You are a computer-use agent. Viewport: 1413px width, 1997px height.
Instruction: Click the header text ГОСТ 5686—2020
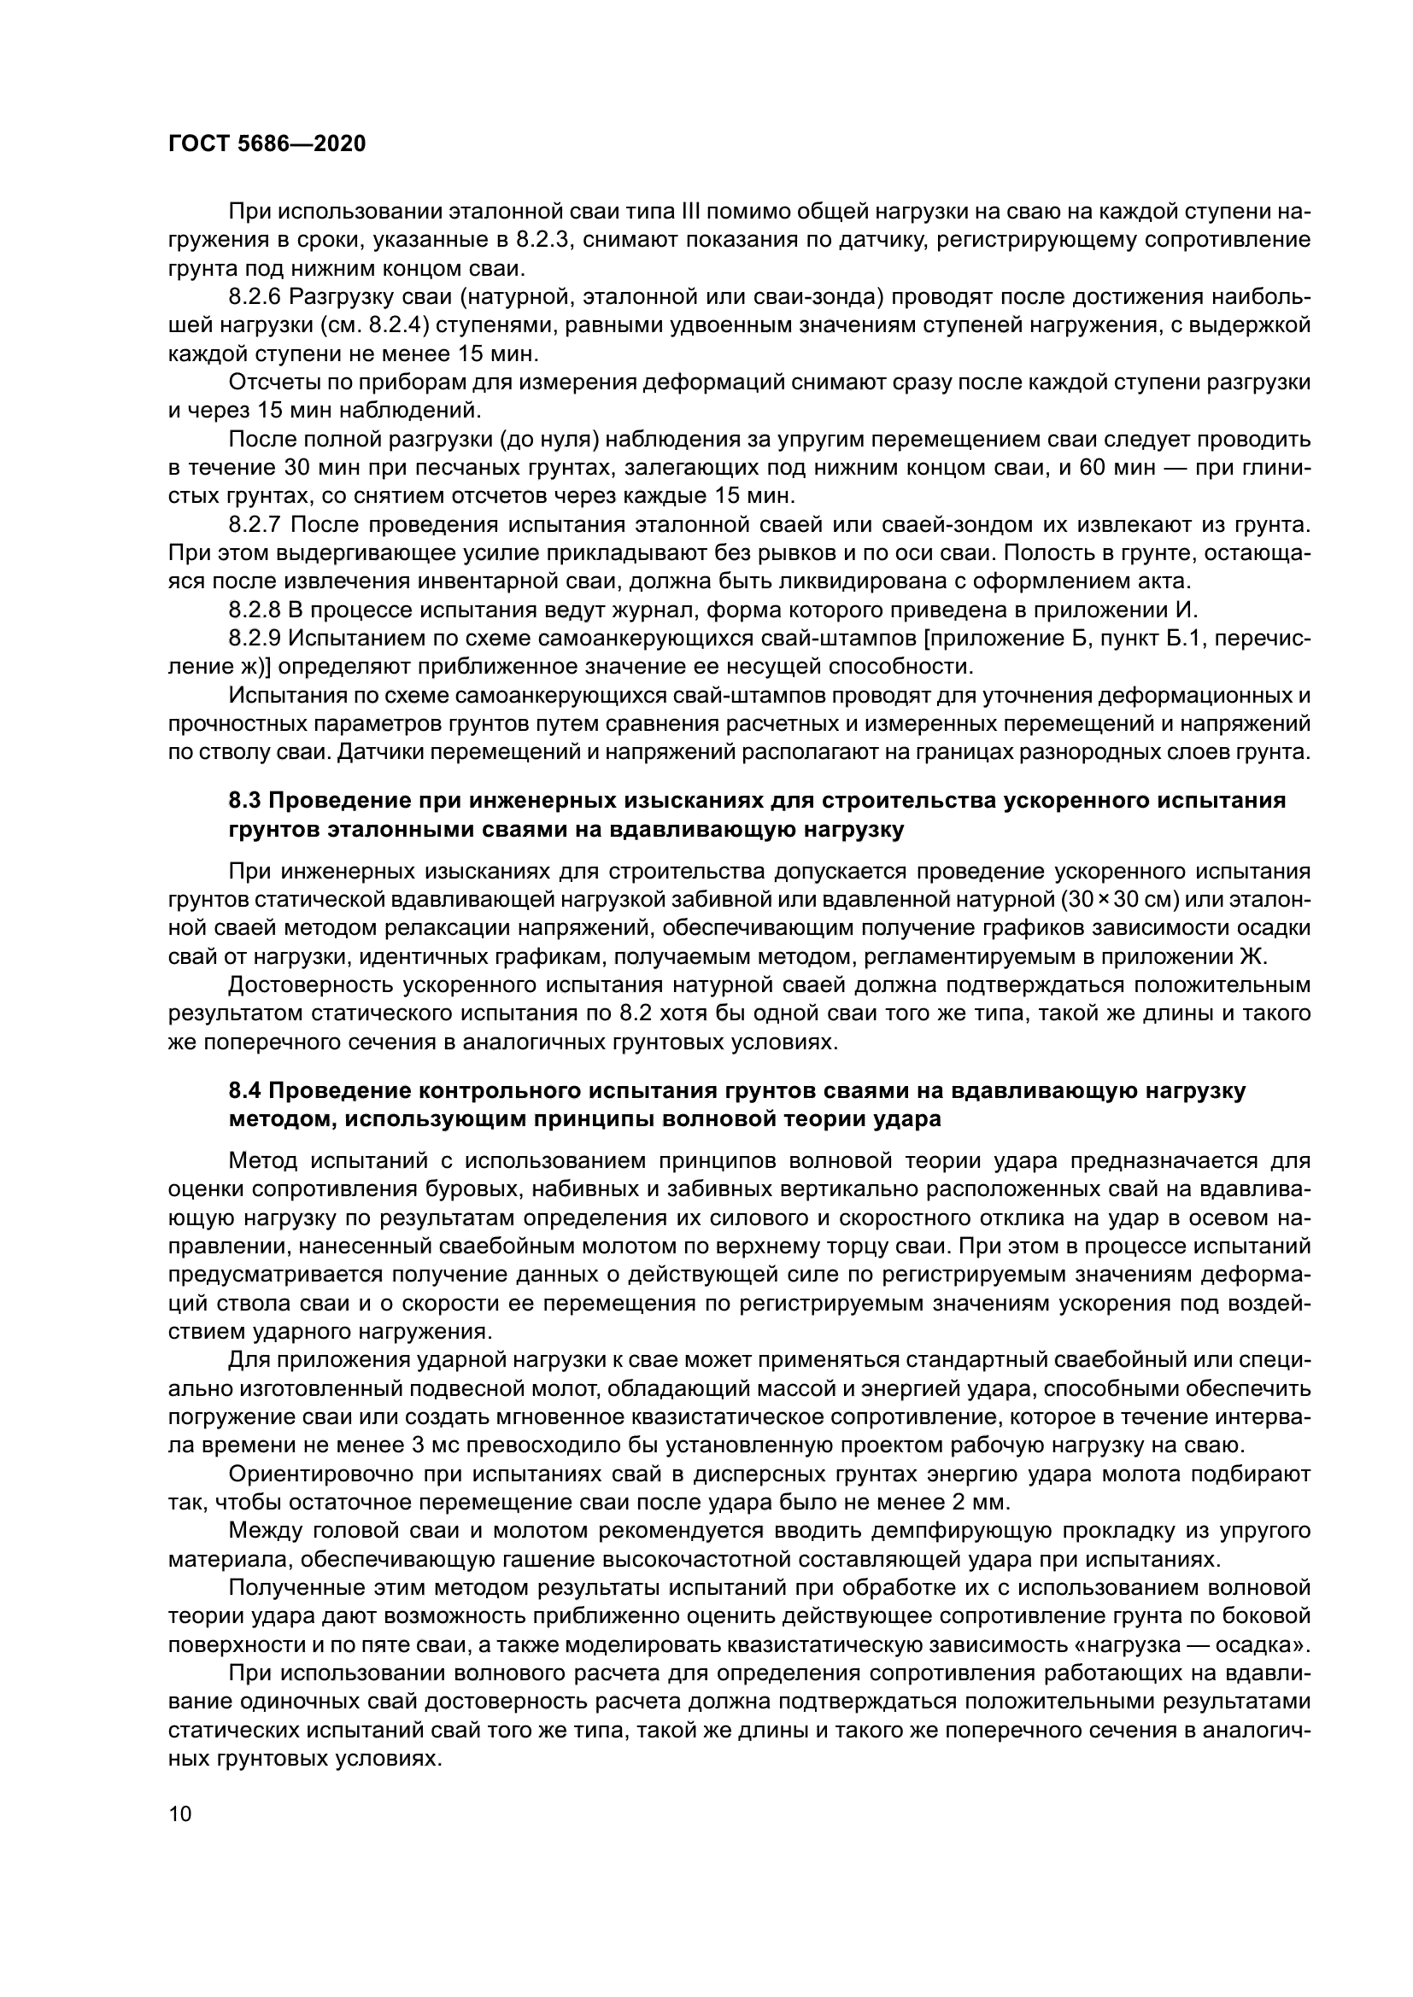267,144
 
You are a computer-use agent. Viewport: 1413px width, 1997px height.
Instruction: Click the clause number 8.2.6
255,296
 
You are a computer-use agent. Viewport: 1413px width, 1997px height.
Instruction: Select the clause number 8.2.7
255,524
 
